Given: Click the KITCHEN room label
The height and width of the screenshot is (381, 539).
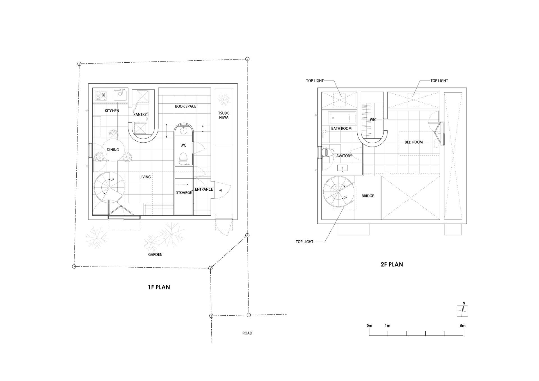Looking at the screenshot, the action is click(x=112, y=111).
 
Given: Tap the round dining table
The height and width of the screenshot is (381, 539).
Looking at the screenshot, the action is click(x=113, y=150).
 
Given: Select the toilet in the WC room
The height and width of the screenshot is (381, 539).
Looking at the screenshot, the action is click(x=183, y=159).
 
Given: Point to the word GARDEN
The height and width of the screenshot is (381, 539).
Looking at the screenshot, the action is click(x=155, y=255).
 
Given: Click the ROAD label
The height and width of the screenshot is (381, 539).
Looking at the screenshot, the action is click(x=247, y=333).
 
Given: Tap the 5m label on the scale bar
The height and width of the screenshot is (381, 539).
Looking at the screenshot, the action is click(x=463, y=326).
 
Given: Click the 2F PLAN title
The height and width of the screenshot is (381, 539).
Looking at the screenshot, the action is click(x=392, y=264).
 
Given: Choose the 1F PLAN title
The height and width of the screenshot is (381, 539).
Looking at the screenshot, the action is click(x=159, y=287).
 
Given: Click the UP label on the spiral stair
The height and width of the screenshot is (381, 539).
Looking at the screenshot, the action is click(x=112, y=180).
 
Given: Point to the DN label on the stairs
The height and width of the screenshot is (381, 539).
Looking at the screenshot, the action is click(x=345, y=198).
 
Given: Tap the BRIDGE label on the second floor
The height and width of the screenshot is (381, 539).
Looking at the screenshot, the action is click(x=368, y=196).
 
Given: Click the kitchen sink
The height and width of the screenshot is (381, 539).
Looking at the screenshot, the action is click(x=120, y=94).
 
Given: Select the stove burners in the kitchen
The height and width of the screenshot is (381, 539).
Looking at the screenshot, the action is click(x=101, y=95).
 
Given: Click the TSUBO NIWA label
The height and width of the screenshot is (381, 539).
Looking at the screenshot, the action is click(x=224, y=115).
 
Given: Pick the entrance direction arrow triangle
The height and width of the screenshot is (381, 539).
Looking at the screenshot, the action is click(x=220, y=190).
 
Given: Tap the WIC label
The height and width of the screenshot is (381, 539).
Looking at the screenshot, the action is click(x=373, y=120).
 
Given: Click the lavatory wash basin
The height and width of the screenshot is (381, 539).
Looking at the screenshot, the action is click(x=342, y=168).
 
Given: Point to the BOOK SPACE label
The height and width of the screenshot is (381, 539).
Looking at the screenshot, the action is click(x=186, y=106).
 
